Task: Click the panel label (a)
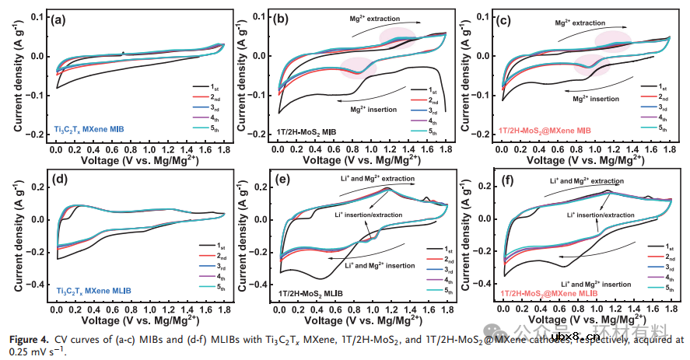(58, 21)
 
